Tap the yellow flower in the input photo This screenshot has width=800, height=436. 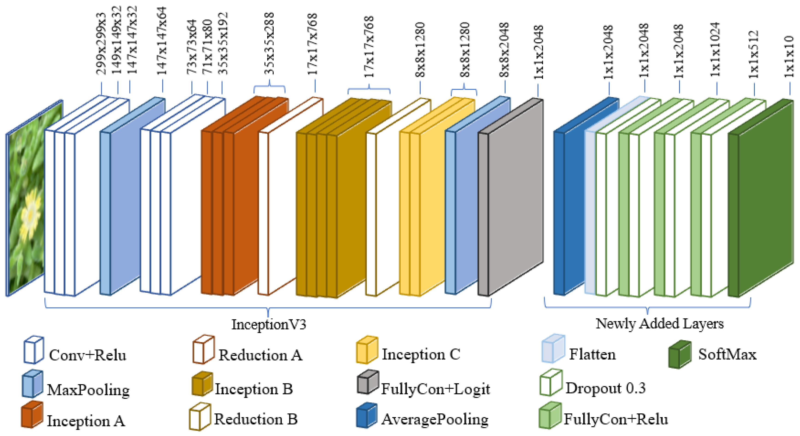[29, 214]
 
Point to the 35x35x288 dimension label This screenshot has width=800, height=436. [269, 44]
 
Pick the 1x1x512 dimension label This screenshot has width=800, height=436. [754, 54]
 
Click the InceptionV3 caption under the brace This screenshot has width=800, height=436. [269, 324]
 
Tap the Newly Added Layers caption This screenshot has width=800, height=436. [659, 323]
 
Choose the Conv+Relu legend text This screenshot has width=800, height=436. [88, 355]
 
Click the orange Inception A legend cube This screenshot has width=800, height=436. [32, 415]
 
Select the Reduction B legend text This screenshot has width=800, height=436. [256, 419]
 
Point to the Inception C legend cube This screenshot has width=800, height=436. [367, 350]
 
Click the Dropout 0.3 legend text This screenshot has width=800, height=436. [605, 388]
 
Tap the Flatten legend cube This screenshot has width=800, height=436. [553, 348]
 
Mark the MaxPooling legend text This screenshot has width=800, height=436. [88, 390]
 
